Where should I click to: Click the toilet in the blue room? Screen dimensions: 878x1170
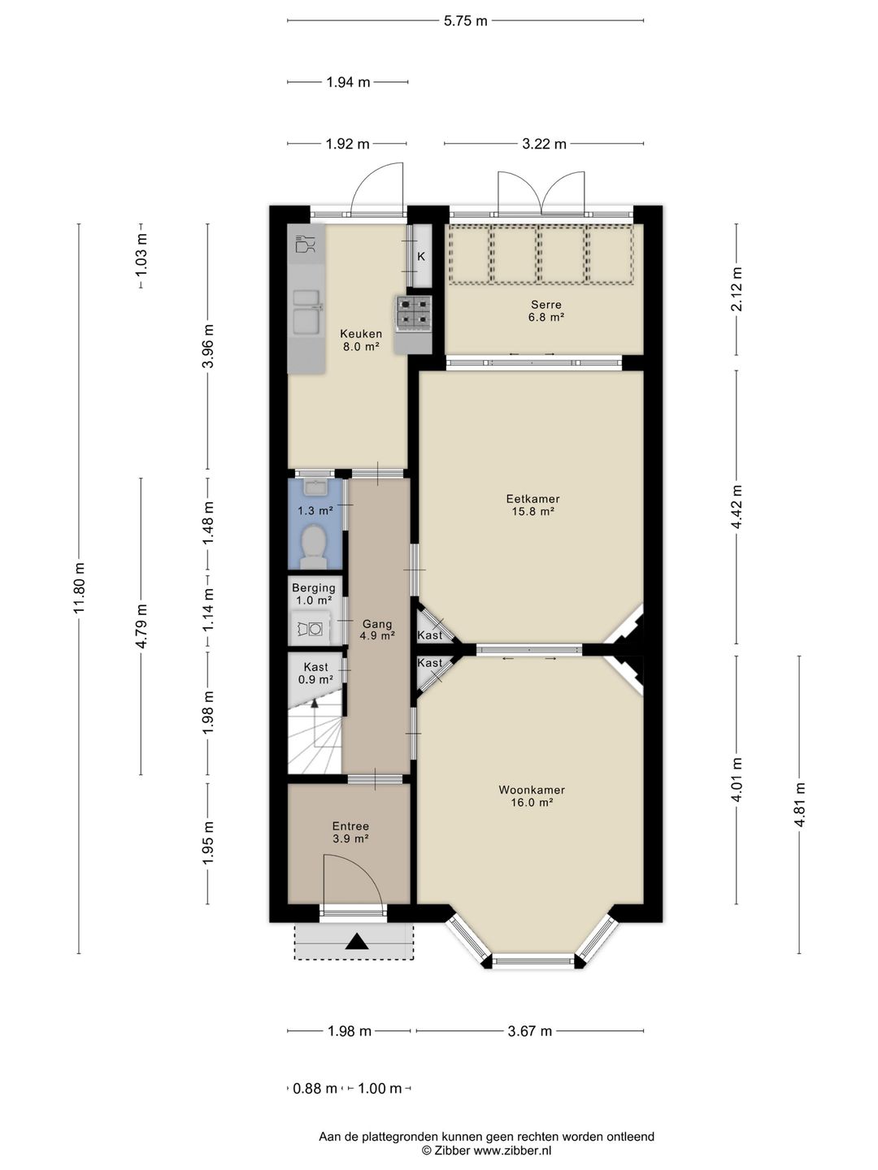pyautogui.click(x=313, y=547)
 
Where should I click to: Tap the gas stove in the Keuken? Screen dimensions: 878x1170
pyautogui.click(x=413, y=314)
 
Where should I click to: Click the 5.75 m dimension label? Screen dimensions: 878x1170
pyautogui.click(x=465, y=21)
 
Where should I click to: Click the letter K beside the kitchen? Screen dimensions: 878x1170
pyautogui.click(x=421, y=257)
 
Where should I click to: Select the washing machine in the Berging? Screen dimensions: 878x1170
pyautogui.click(x=312, y=628)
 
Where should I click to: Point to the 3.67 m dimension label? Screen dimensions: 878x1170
pyautogui.click(x=529, y=1031)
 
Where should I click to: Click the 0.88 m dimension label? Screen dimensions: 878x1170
pyautogui.click(x=315, y=1088)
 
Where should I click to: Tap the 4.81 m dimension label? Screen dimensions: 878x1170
pyautogui.click(x=799, y=805)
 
